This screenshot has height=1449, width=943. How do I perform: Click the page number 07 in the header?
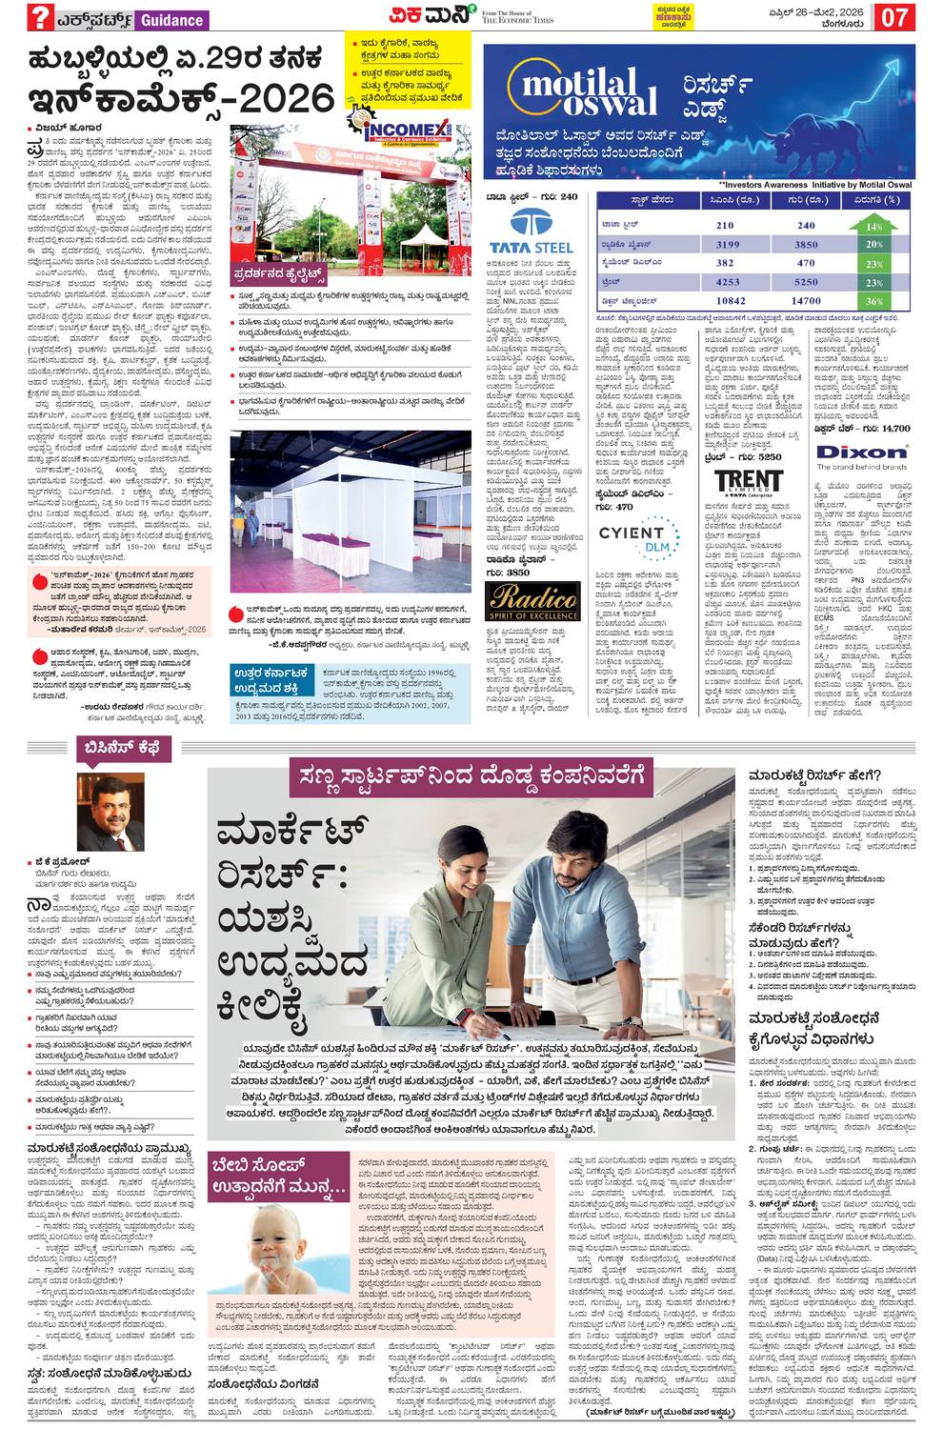point(896,17)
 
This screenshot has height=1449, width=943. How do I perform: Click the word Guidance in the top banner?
point(171,19)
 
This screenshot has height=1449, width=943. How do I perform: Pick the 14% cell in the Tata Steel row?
point(873,226)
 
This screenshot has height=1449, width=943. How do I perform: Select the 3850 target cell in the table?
point(806,245)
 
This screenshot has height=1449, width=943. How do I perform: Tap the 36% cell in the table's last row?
point(873,301)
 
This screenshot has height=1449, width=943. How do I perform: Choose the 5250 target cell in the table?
point(806,282)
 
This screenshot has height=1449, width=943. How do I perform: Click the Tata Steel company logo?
point(530,231)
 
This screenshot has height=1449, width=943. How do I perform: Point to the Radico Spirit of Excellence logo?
point(532,601)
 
